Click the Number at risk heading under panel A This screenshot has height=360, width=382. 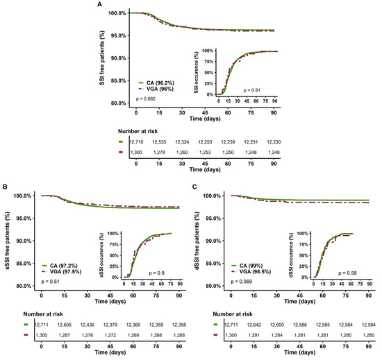click(x=155, y=128)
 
